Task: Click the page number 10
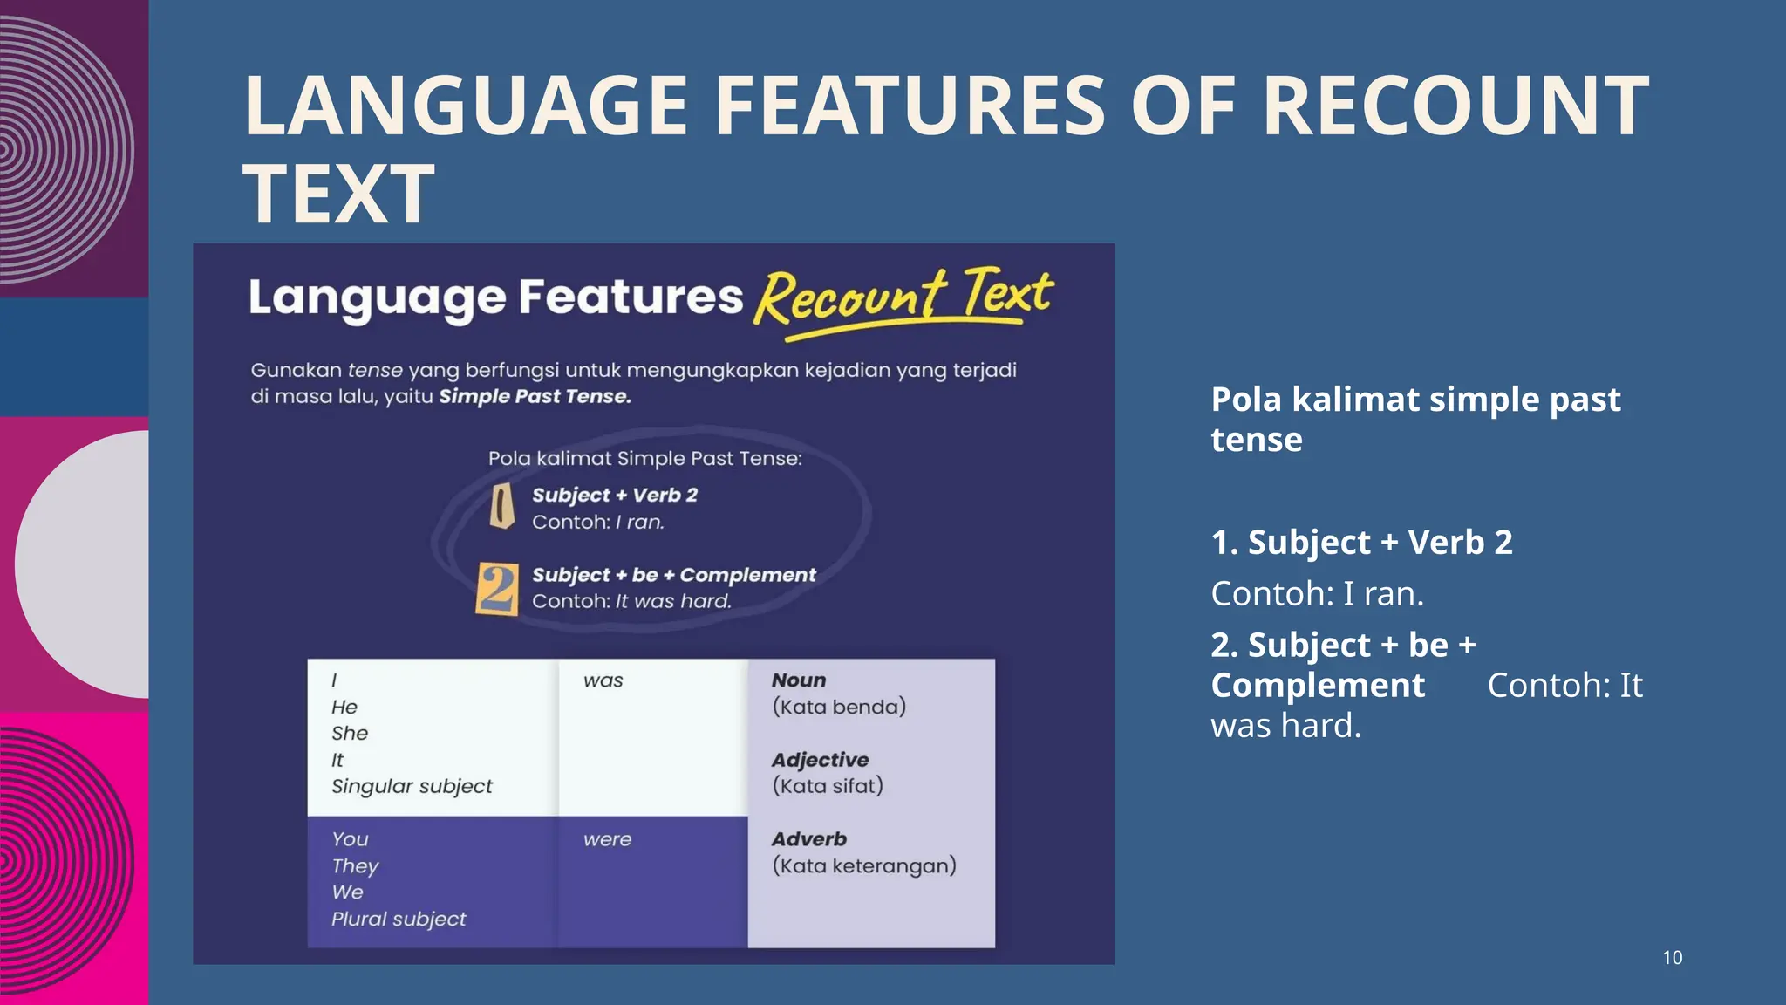[1672, 957]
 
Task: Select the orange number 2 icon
[497, 589]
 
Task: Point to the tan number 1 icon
[501, 507]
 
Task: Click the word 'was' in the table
[603, 680]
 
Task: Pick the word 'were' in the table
[607, 839]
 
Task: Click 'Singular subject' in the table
[412, 786]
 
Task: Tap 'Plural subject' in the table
[399, 919]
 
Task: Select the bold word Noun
[798, 680]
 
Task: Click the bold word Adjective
[820, 760]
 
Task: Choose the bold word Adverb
[808, 839]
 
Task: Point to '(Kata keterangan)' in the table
[864, 865]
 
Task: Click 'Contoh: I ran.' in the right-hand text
[1317, 594]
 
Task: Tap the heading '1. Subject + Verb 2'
[1361, 543]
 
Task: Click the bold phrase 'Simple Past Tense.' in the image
[535, 397]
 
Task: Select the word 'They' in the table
[355, 866]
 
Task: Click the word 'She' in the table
[350, 733]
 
